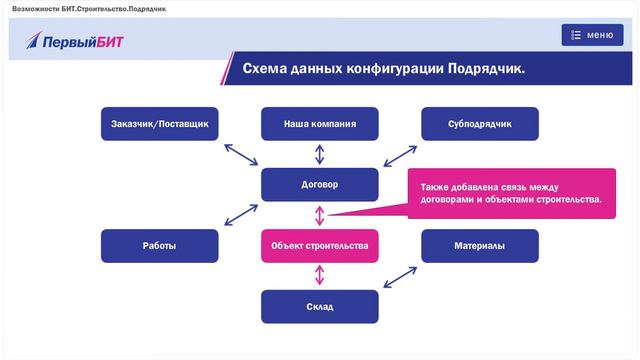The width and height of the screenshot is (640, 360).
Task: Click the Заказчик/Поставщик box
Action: (159, 124)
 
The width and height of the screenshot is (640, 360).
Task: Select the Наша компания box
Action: (320, 124)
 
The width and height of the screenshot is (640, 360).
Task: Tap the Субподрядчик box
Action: (480, 124)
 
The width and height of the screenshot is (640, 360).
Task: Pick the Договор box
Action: (320, 185)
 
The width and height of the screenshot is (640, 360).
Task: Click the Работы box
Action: (159, 246)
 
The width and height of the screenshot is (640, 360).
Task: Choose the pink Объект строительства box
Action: (320, 246)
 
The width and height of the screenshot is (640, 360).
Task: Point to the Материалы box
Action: (480, 246)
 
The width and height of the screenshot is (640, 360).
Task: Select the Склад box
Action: (320, 306)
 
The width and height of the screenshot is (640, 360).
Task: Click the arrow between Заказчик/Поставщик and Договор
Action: (240, 155)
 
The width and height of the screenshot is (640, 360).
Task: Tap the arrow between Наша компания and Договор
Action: (320, 154)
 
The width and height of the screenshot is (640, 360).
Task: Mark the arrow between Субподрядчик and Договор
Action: (401, 155)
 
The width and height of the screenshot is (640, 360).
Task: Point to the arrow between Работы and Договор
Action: (241, 215)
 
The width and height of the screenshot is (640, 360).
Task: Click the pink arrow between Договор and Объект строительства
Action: (320, 215)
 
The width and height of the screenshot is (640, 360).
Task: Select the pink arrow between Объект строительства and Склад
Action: (320, 276)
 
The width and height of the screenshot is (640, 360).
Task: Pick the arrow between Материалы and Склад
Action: (401, 276)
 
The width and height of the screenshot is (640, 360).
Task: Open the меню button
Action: (592, 35)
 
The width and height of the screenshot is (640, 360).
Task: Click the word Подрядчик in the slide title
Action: (484, 69)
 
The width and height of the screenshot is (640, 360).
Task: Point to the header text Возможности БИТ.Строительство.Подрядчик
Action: (83, 8)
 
